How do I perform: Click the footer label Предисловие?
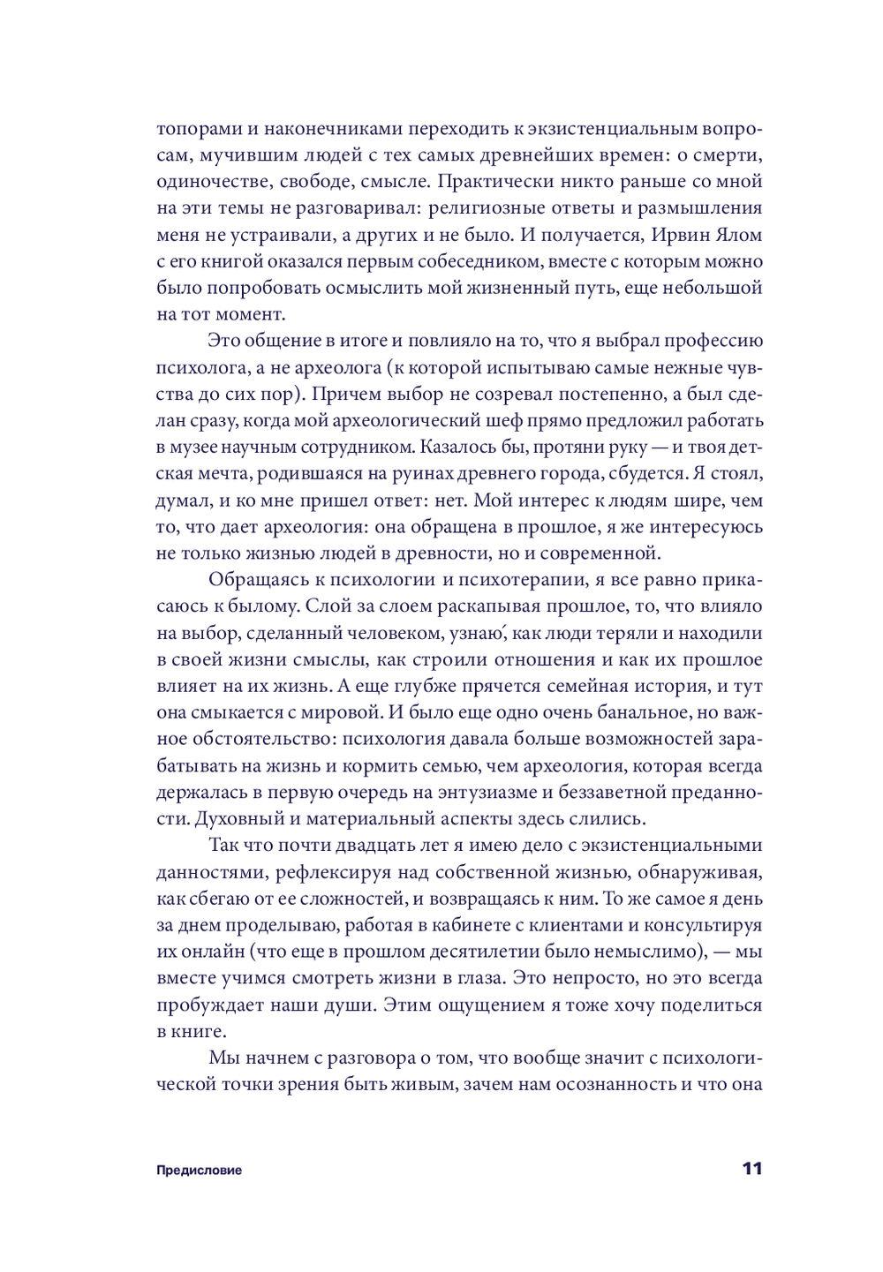pos(199,1170)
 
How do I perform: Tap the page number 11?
pos(751,1169)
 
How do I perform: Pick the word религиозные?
pos(480,208)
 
